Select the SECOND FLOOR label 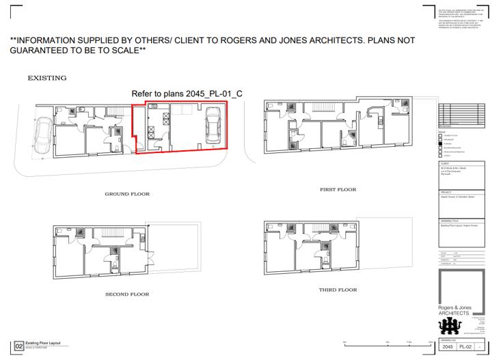[x=127, y=294]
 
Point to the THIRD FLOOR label [x=338, y=290]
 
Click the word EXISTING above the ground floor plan [x=46, y=78]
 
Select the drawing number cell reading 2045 [x=447, y=347]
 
